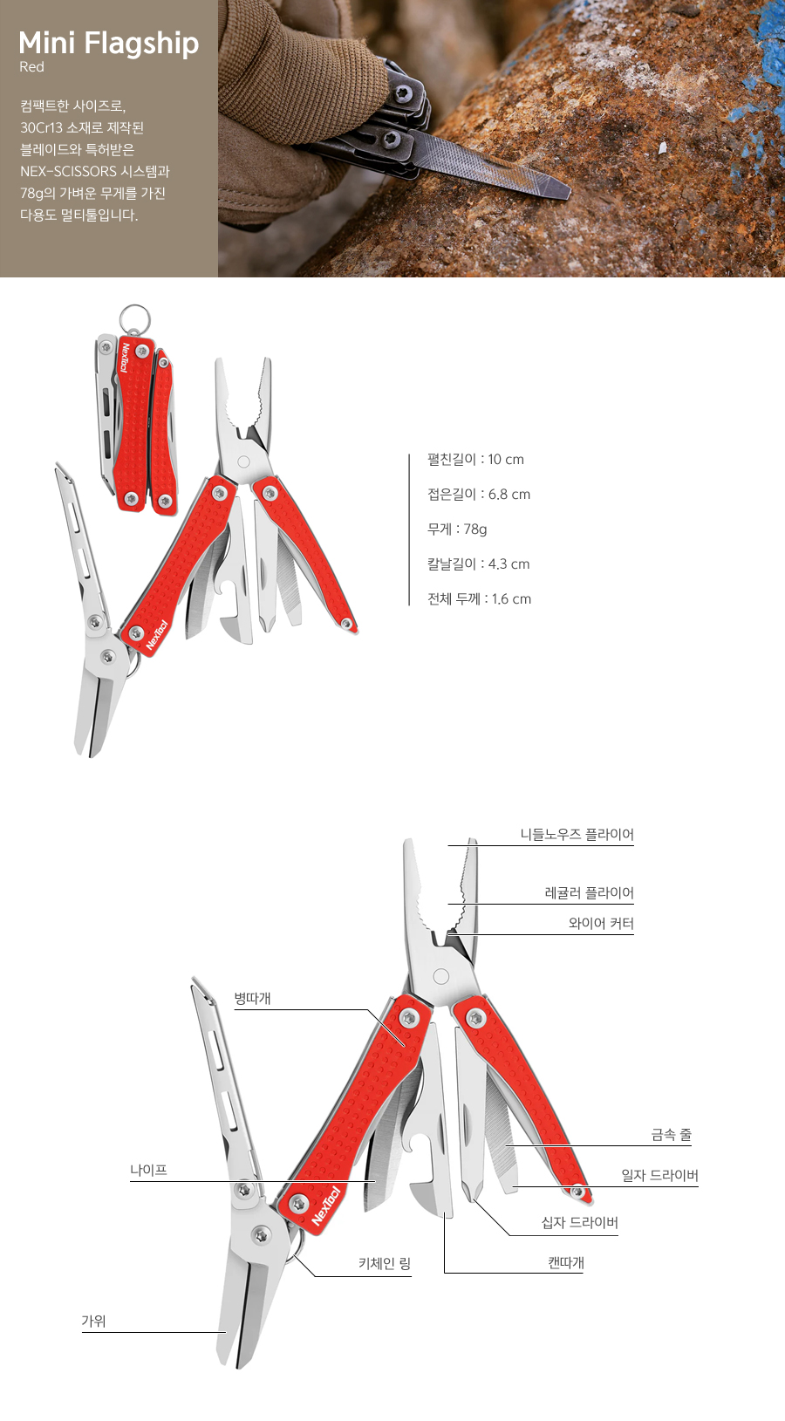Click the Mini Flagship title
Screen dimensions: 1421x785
pos(108,44)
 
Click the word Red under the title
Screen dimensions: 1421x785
pos(31,67)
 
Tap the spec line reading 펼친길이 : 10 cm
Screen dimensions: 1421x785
pos(475,460)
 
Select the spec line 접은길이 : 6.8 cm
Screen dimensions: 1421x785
pos(478,495)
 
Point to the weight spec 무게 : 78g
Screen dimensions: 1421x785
pos(457,529)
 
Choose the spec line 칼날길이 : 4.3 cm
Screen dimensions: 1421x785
pos(478,564)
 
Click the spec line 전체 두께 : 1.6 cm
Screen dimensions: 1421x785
pos(479,599)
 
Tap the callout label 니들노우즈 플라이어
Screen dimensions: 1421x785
pos(577,835)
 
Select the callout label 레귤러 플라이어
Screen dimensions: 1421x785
pos(589,893)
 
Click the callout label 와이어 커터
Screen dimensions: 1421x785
pos(601,924)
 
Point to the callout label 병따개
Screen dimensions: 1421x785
pos(252,999)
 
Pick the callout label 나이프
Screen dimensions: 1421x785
pos(148,1171)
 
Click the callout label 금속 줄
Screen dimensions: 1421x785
pos(671,1135)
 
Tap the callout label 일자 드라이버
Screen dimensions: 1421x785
pos(659,1176)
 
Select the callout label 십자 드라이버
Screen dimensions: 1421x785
pos(579,1223)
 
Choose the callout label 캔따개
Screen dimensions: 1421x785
pos(566,1263)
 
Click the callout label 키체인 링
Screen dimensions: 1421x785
pos(384,1264)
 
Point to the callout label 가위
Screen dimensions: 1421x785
pos(93,1322)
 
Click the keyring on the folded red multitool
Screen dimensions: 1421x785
pos(134,318)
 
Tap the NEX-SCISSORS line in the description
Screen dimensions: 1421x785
pos(95,172)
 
